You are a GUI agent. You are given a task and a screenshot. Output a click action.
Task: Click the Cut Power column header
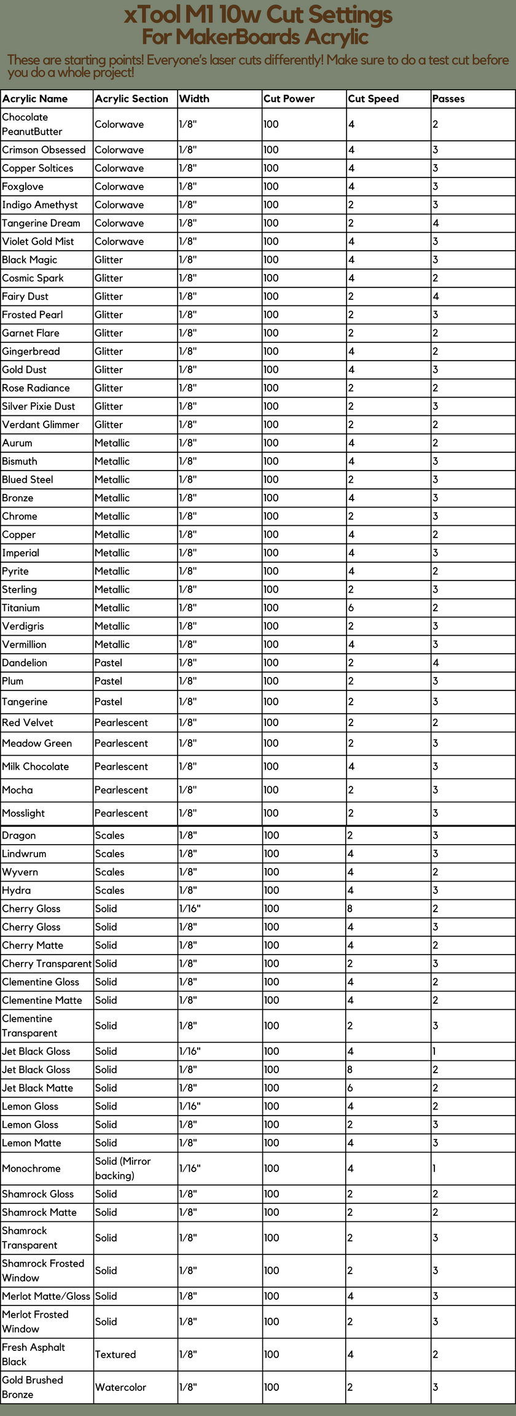coord(289,99)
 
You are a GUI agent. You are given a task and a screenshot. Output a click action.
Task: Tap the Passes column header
coord(448,99)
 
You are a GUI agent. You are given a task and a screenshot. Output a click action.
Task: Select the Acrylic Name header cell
coord(35,99)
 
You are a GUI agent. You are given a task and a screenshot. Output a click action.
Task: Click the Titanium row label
coord(21,608)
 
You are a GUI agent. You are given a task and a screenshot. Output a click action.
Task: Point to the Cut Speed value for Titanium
coord(351,608)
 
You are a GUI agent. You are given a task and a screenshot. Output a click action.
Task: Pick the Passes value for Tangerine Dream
coord(436,223)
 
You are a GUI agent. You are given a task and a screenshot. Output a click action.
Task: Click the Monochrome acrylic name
coord(31,1168)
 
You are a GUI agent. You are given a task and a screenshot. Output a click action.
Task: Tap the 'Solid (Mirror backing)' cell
coord(123,1168)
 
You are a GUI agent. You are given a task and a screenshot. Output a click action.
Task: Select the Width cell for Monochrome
coord(190,1168)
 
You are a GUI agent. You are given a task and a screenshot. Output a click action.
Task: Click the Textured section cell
coord(115,1354)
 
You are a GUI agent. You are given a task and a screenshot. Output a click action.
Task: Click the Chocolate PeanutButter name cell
coord(32,124)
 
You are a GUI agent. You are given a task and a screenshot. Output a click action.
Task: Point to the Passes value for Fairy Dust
coord(436,296)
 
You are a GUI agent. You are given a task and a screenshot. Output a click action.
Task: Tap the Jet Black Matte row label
coord(37,1088)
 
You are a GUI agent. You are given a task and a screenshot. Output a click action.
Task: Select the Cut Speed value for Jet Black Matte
coord(351,1088)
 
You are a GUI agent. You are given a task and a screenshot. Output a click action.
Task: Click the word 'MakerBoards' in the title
coord(238,37)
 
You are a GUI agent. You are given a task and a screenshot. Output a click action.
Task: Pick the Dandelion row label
coord(25,663)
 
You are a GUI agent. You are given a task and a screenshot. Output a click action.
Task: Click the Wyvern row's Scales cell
coord(109,872)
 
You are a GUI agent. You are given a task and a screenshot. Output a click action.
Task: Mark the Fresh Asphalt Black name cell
coord(33,1354)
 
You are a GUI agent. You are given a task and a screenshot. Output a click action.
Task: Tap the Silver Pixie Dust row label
coord(39,406)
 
